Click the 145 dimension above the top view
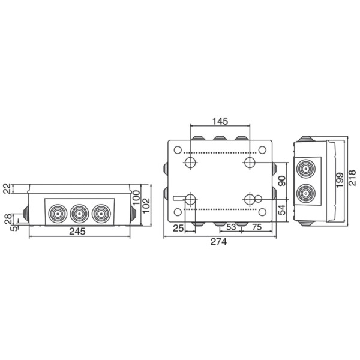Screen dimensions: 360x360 click(x=220, y=121)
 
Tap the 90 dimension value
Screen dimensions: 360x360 click(x=282, y=181)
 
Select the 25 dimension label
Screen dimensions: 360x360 click(x=177, y=228)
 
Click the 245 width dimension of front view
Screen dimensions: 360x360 click(x=77, y=232)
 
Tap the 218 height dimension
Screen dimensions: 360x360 click(x=353, y=180)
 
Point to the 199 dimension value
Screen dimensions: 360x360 click(x=340, y=179)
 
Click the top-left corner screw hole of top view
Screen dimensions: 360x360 click(x=178, y=150)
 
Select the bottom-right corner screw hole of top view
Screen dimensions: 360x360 click(x=262, y=212)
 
